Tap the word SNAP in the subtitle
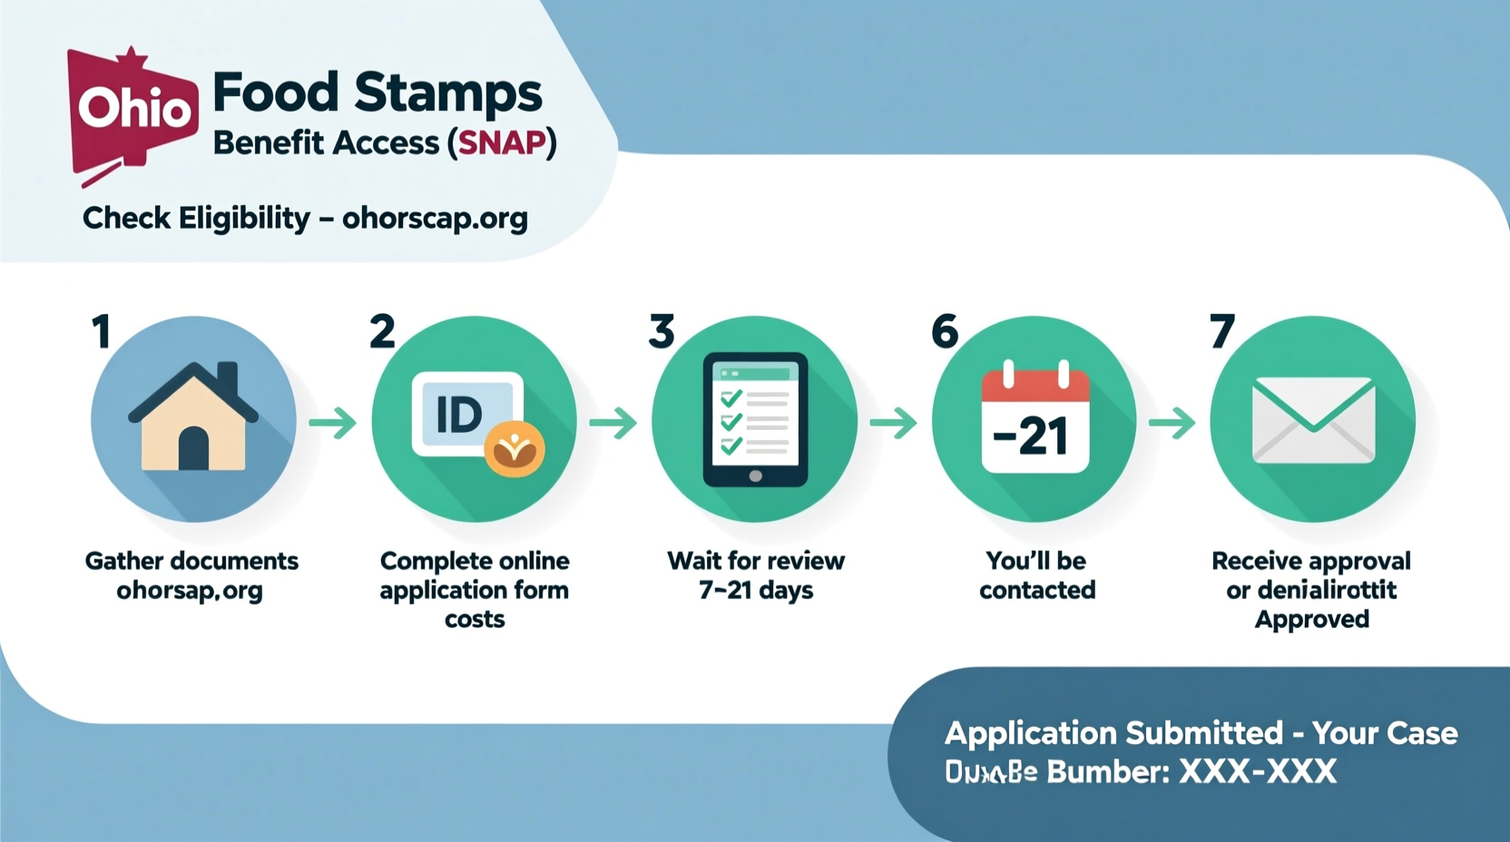(502, 143)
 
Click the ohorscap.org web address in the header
(435, 219)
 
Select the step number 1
(101, 331)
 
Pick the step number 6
(945, 331)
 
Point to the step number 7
(1222, 331)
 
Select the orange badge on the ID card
(515, 449)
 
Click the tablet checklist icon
(755, 418)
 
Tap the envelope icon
(1313, 419)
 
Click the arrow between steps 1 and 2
(332, 423)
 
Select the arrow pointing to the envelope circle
(1172, 423)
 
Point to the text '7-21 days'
(755, 591)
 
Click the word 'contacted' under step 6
(1037, 591)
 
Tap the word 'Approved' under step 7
(1312, 620)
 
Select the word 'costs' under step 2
(475, 620)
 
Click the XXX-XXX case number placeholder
(1257, 772)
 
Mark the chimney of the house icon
(228, 377)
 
